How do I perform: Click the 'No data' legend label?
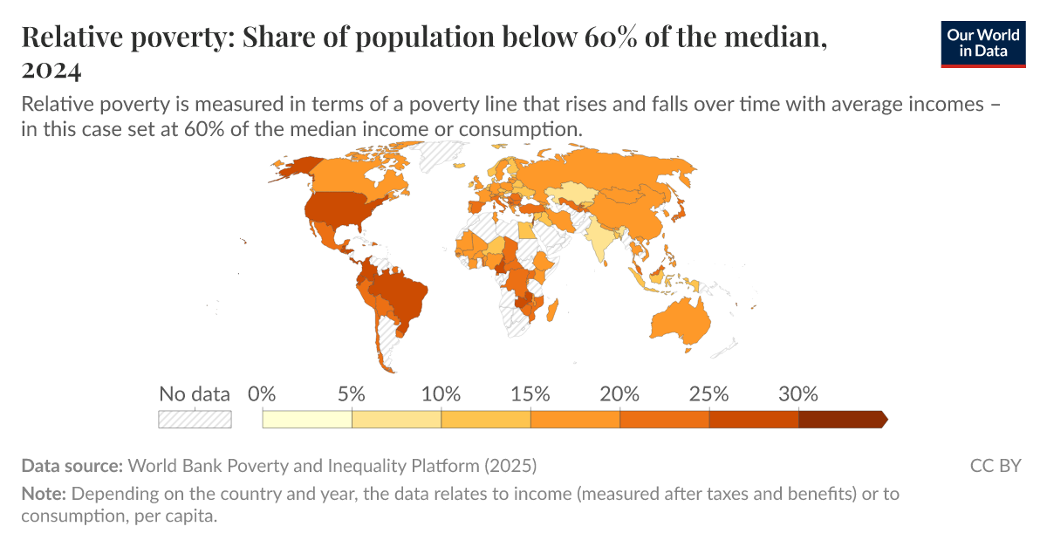(194, 393)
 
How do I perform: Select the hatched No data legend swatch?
(194, 420)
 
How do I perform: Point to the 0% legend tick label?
(262, 393)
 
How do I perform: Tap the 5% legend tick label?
(351, 393)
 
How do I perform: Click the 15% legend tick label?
(530, 393)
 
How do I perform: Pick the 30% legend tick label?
(798, 393)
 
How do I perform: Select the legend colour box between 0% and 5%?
(307, 420)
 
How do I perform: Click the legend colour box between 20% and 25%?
(665, 420)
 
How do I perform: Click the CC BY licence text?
(996, 465)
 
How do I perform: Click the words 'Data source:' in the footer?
(72, 465)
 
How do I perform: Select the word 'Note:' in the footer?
(44, 494)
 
